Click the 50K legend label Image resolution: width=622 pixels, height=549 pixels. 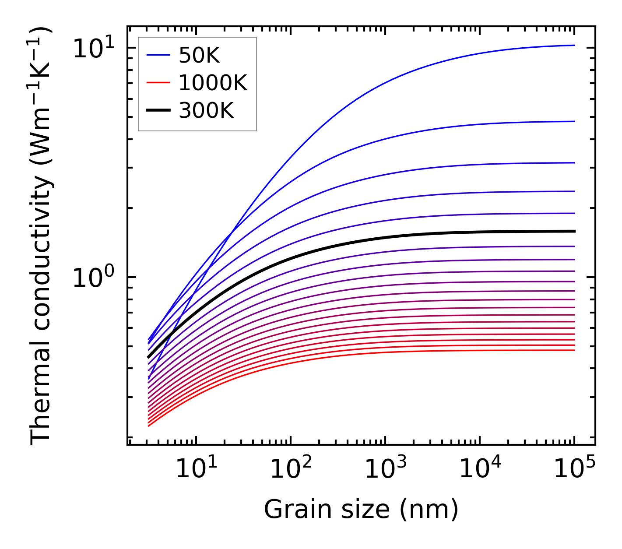click(x=199, y=56)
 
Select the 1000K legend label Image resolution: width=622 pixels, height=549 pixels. click(x=213, y=83)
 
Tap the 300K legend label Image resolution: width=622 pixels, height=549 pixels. click(x=206, y=111)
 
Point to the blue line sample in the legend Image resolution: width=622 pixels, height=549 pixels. click(x=158, y=55)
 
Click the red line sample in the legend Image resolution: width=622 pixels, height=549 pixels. click(x=158, y=83)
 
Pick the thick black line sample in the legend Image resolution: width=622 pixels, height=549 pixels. click(x=158, y=110)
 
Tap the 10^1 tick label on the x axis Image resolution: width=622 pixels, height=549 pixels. click(x=196, y=469)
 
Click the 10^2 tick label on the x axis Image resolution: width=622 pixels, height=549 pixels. click(x=291, y=469)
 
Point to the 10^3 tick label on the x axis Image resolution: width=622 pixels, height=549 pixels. click(x=386, y=469)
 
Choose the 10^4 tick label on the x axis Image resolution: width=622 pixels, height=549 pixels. click(x=480, y=469)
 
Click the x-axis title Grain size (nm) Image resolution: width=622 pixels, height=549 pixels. click(x=361, y=510)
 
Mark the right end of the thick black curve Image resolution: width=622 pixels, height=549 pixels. click(x=574, y=231)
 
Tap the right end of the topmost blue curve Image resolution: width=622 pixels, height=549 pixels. click(x=574, y=45)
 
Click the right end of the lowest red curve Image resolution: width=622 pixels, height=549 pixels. click(x=574, y=350)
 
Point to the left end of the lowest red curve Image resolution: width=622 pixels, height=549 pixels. click(x=149, y=426)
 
